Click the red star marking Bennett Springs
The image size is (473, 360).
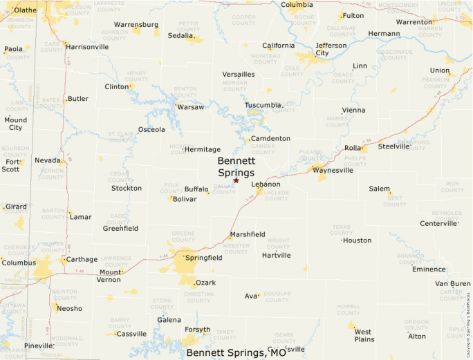coord(236,180)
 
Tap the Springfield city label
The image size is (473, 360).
coord(203,258)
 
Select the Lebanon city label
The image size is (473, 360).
coord(266,184)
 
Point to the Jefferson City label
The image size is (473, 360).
coord(331,49)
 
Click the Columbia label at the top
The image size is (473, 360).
coord(297,5)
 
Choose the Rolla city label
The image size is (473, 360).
coord(353,148)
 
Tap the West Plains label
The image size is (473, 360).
coord(363,336)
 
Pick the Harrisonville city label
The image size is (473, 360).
coord(88,47)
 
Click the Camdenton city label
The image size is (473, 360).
coord(270,139)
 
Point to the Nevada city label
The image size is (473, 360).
coord(48,160)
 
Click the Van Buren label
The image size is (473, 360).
coord(452,284)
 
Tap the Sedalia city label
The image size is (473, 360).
coord(181,35)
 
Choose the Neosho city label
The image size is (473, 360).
coord(69,309)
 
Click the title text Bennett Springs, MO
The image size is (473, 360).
coord(236,353)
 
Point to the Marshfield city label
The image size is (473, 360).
coord(248,235)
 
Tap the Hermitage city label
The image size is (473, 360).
coord(203,149)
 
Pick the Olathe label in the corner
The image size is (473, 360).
coord(25,10)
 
